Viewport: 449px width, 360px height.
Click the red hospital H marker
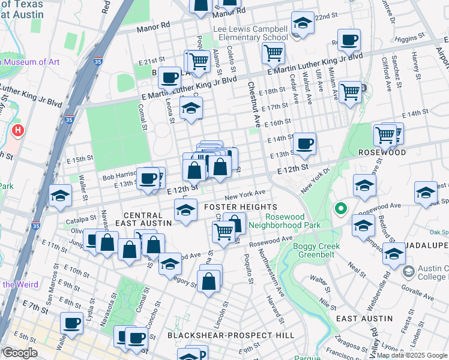coord(18,130)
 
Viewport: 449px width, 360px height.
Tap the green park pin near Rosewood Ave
coord(340,209)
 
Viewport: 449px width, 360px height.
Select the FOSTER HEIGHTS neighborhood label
coord(232,207)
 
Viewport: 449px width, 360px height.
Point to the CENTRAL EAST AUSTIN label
coord(148,218)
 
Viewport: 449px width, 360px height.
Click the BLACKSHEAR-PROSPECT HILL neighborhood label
coord(231,335)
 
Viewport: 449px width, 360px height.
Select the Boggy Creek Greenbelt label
coord(316,251)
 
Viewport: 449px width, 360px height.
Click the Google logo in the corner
coord(19,352)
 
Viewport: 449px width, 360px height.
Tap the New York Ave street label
coord(245,194)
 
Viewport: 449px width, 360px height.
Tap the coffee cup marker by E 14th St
coord(305,144)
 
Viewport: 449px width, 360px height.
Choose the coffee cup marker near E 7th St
coord(72,324)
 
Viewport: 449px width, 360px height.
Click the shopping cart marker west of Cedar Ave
coord(273,53)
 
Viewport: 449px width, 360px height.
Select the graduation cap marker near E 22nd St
coord(303,23)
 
